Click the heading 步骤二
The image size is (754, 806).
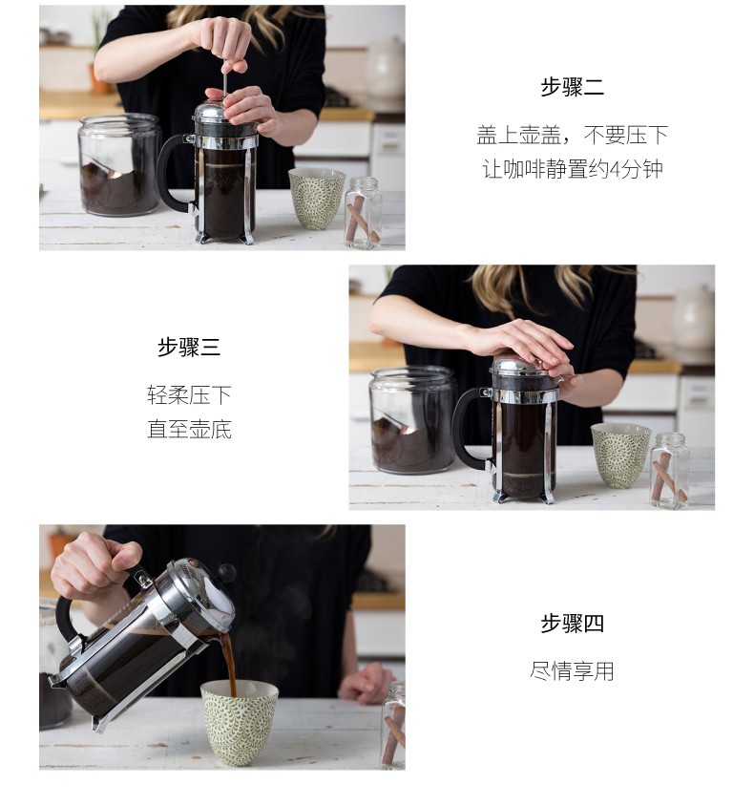(572, 87)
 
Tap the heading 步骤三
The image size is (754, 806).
(189, 347)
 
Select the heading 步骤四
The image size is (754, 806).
(572, 623)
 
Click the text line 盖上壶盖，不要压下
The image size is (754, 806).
(572, 136)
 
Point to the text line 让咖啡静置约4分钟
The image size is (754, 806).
(572, 169)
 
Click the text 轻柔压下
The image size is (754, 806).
(189, 395)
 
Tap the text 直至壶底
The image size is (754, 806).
(189, 429)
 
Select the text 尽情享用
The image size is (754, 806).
(572, 670)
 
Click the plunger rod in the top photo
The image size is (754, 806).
(225, 83)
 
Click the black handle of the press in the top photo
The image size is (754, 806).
(172, 172)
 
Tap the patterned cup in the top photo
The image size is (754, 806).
(317, 198)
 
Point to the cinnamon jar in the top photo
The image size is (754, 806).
(363, 213)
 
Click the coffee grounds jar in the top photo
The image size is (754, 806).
(119, 164)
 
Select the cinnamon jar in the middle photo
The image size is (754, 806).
(669, 471)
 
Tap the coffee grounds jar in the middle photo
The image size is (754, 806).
(412, 419)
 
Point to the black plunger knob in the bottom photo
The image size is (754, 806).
(226, 573)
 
